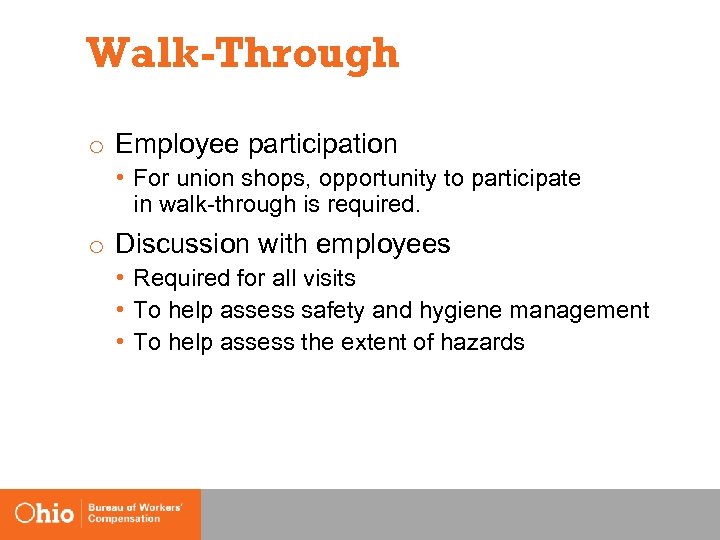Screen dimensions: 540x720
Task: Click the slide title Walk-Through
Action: pos(243,54)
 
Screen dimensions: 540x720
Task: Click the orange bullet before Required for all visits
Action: pos(120,278)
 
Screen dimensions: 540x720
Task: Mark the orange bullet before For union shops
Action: pos(120,179)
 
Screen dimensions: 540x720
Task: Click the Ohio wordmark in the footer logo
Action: pos(44,514)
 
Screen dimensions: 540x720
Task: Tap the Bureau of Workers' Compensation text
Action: pos(135,514)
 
